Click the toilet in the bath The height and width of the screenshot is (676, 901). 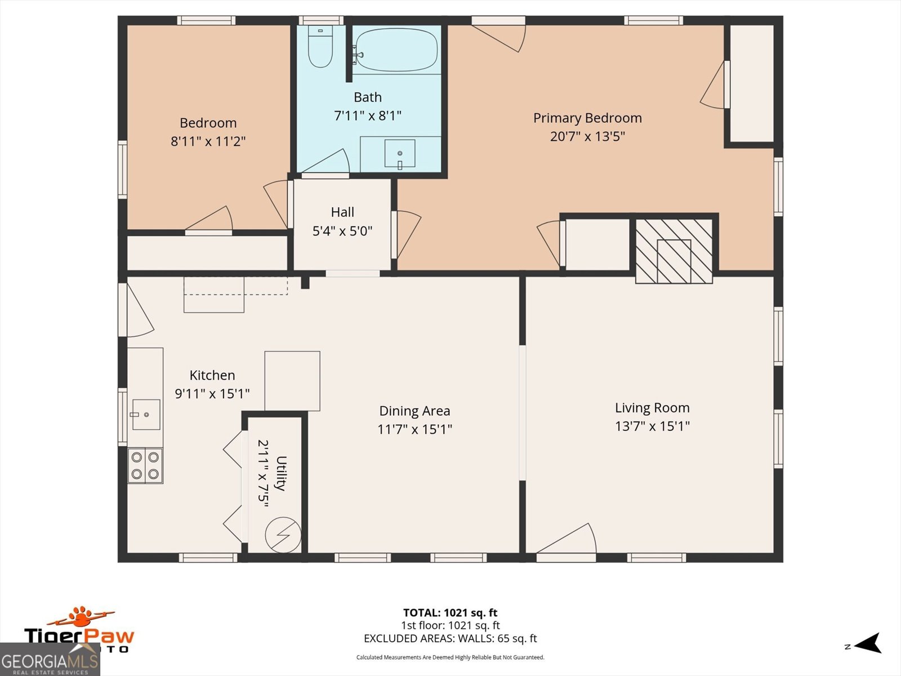click(x=320, y=48)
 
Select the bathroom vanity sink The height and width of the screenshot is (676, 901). click(x=400, y=154)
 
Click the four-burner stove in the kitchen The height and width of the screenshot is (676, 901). click(x=145, y=465)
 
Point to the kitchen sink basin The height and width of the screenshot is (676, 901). click(x=146, y=415)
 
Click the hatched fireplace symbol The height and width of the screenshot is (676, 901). click(x=673, y=251)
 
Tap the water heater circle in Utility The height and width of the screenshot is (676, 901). click(x=283, y=534)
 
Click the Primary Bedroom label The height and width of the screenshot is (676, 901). click(x=587, y=118)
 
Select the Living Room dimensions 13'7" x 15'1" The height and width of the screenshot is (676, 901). click(x=652, y=426)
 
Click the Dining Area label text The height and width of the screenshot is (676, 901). click(x=414, y=411)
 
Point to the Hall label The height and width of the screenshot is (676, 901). click(x=342, y=212)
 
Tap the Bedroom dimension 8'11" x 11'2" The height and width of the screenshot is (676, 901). click(x=208, y=141)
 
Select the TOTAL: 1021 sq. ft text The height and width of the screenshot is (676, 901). click(x=450, y=612)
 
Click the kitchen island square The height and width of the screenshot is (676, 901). click(x=292, y=381)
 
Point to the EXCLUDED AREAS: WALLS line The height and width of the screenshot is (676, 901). click(x=450, y=638)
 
